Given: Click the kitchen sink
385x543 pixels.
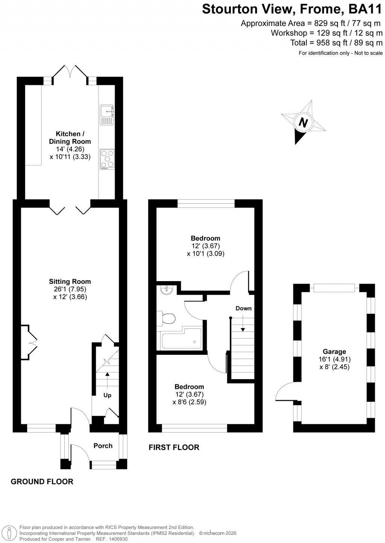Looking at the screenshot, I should click(107, 115).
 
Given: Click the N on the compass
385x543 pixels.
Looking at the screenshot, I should click(303, 123).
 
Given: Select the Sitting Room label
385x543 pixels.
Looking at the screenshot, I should click(70, 281).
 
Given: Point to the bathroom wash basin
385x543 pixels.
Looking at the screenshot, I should click(165, 290).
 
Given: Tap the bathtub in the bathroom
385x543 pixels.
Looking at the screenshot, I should click(182, 339).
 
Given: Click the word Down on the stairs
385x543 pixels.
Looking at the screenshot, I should click(243, 308).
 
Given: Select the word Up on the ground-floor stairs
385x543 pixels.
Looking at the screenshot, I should click(107, 395).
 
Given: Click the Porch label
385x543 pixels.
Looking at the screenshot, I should click(103, 446).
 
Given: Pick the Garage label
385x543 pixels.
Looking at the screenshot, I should click(334, 352).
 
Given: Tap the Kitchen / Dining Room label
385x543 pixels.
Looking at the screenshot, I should click(70, 138).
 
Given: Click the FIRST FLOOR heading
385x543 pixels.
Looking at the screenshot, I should click(174, 447).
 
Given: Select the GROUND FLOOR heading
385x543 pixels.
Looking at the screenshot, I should click(42, 481).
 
